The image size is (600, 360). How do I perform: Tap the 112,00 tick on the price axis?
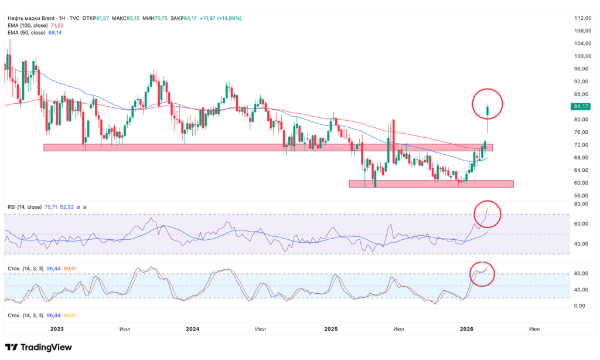point(581,18)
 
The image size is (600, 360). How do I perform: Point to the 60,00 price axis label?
point(581,183)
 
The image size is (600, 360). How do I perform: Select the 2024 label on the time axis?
point(193,330)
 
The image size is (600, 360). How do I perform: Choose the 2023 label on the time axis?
point(56,330)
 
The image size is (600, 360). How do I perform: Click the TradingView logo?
point(39,347)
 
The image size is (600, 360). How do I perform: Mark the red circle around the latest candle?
point(487,104)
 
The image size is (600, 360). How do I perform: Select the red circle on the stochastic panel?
point(483,274)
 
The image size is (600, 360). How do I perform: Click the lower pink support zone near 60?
point(431,184)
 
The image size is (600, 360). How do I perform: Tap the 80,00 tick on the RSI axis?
point(581,204)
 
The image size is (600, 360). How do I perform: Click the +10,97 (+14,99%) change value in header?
point(220,18)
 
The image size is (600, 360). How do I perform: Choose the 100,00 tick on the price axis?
point(581,56)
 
